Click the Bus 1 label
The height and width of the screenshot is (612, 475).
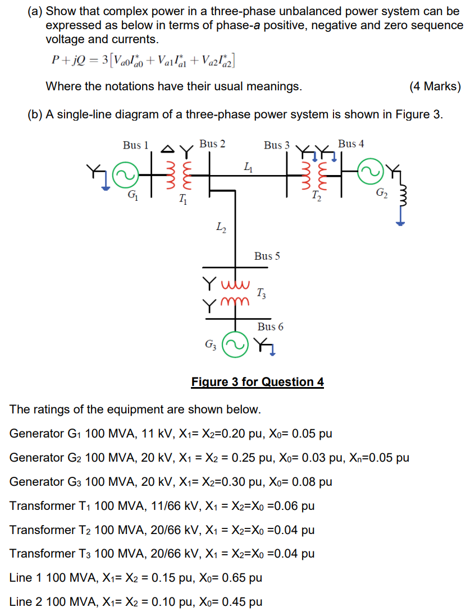136,145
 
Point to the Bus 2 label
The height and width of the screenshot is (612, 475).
212,144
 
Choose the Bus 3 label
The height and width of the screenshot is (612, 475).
277,145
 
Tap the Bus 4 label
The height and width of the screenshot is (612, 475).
351,144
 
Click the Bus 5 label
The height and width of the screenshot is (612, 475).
267,256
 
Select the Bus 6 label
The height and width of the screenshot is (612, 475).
270,326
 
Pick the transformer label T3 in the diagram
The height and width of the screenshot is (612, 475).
262,292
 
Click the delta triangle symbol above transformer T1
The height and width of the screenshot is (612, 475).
167,149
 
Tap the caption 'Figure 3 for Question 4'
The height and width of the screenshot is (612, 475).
257,382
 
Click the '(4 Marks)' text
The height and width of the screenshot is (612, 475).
435,86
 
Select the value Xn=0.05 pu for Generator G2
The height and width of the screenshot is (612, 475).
379,458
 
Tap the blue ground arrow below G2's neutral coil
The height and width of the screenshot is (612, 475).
400,222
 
